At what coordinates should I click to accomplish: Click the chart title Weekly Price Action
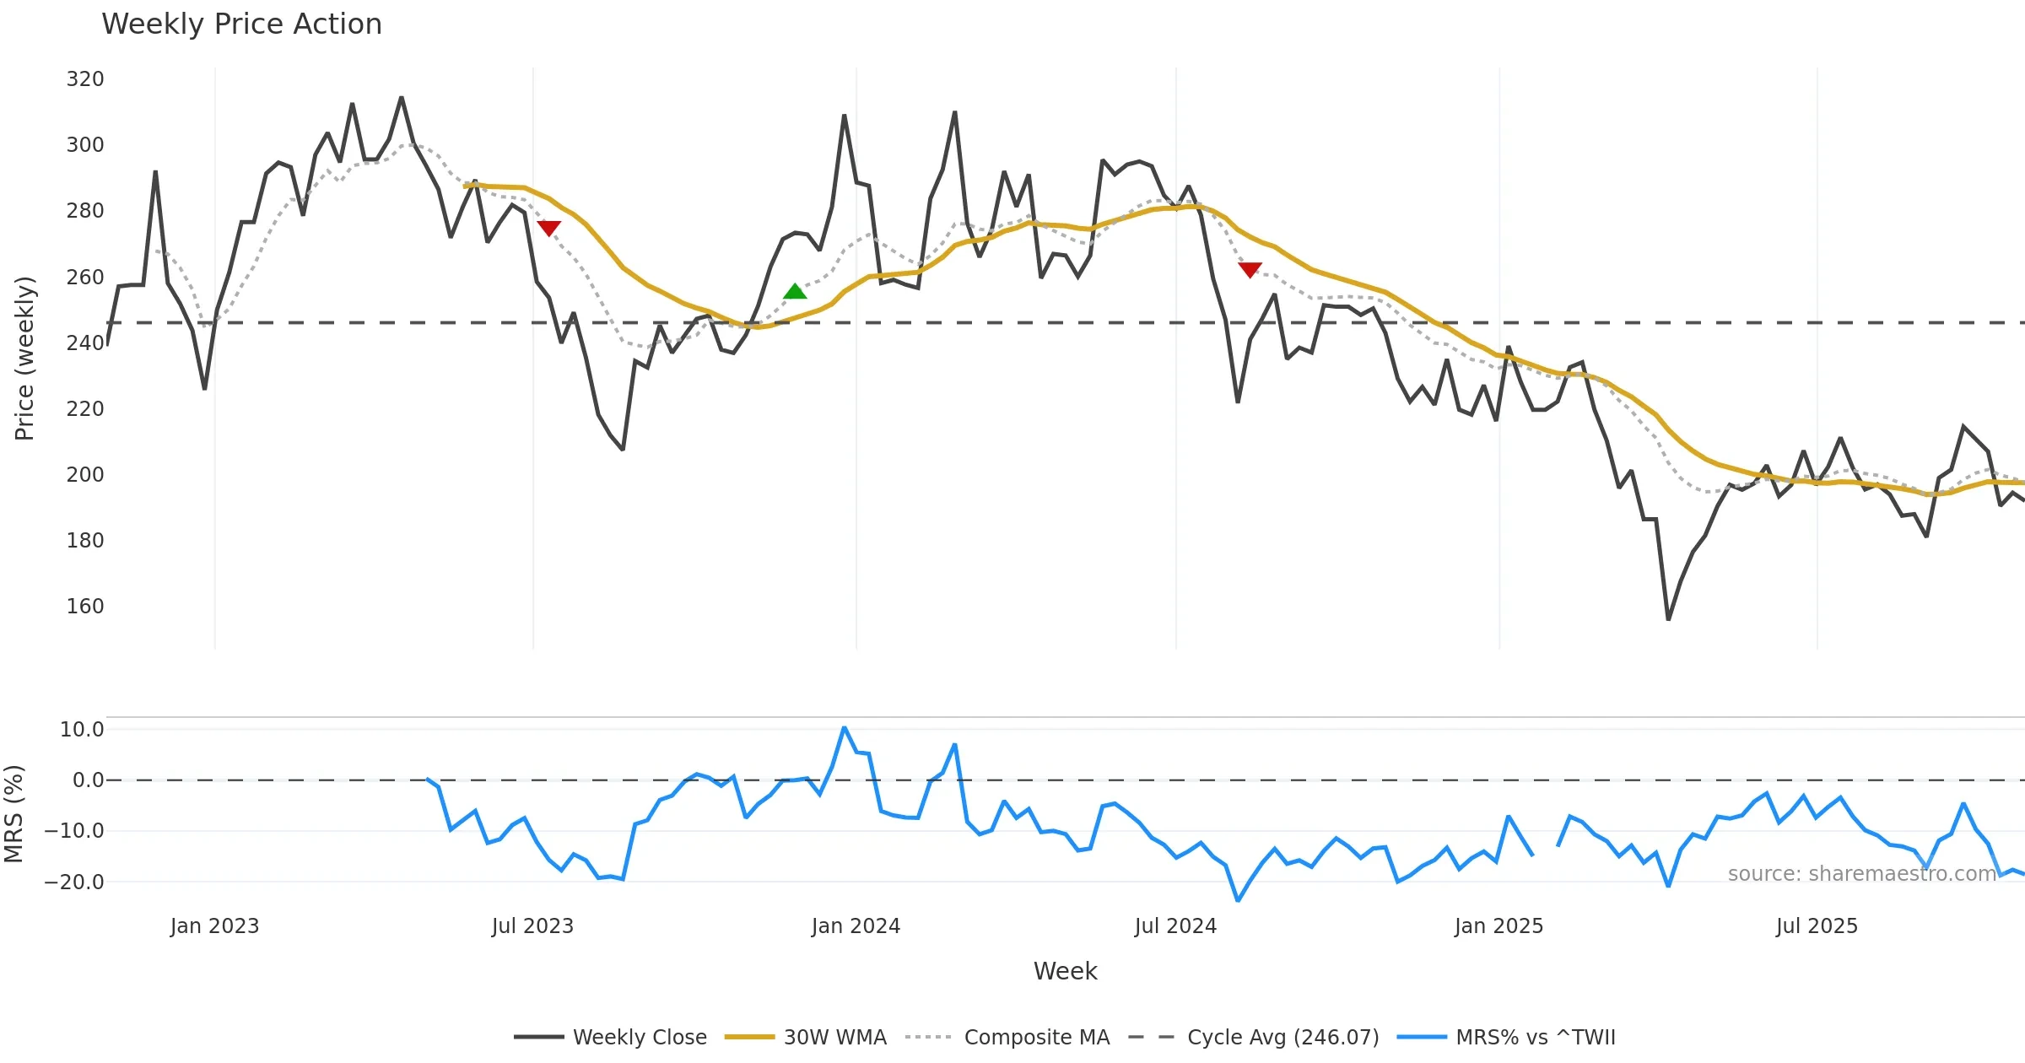click(241, 24)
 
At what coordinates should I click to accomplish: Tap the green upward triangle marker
click(795, 292)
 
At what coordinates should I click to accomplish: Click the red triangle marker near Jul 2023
click(548, 228)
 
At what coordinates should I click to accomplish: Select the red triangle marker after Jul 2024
click(1250, 269)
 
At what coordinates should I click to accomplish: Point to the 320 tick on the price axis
click(85, 79)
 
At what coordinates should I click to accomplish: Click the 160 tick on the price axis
click(85, 607)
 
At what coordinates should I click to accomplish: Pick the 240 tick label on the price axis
click(85, 343)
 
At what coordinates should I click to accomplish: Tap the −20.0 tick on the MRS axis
click(74, 882)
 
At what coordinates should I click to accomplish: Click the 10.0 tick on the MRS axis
click(82, 730)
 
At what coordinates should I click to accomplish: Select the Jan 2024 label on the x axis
click(856, 926)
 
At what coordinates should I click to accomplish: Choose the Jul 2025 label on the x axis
click(1817, 926)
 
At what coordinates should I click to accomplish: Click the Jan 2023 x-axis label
click(214, 926)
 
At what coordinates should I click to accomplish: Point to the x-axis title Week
click(1065, 972)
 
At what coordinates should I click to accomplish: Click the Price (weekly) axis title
click(24, 359)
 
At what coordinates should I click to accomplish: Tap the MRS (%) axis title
click(13, 814)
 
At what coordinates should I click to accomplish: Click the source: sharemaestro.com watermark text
click(1861, 874)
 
